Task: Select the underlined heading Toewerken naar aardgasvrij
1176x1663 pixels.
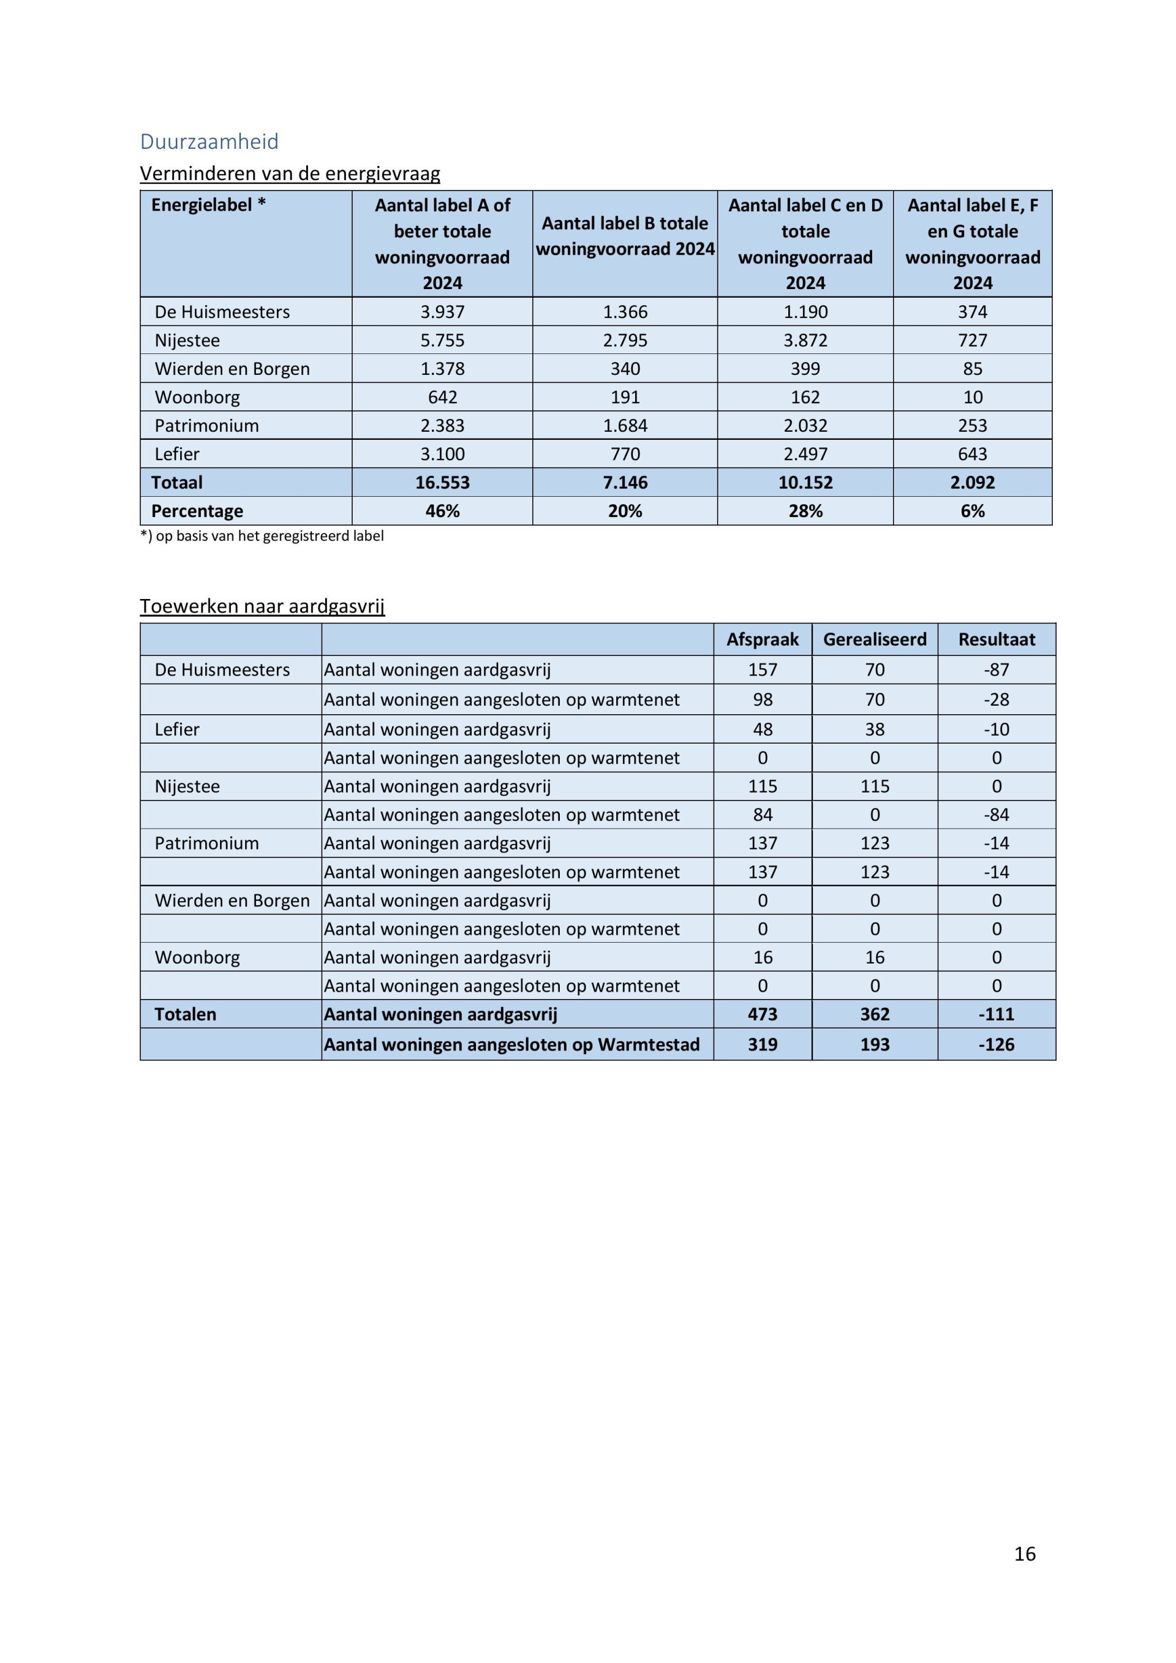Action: (x=262, y=606)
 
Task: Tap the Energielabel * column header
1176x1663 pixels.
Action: (x=208, y=205)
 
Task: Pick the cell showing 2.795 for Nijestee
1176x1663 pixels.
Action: (x=625, y=340)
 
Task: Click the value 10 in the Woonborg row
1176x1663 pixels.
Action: (x=973, y=397)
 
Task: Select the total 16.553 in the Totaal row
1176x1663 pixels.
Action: (x=442, y=483)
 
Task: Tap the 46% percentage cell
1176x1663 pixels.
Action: (x=442, y=511)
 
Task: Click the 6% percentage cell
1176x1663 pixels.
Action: (x=973, y=511)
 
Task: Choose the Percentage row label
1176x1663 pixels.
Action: (x=197, y=511)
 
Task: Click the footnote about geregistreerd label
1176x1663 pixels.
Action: (x=262, y=536)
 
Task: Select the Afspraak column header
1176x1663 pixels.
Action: (x=763, y=639)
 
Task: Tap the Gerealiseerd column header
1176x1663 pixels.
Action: (x=875, y=639)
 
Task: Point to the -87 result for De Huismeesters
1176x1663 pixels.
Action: (x=997, y=670)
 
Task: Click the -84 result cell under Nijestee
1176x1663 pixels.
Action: (x=997, y=815)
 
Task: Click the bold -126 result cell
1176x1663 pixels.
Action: (x=997, y=1044)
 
